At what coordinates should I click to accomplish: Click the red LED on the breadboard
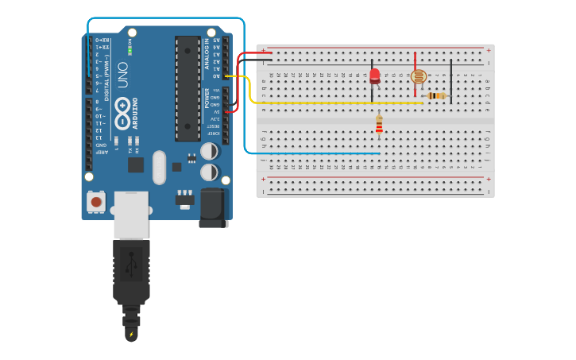pyautogui.click(x=374, y=75)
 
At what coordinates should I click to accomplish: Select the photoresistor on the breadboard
pyautogui.click(x=419, y=77)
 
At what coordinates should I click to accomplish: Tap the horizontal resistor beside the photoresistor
pyautogui.click(x=436, y=95)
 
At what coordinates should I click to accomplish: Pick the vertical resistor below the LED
pyautogui.click(x=379, y=125)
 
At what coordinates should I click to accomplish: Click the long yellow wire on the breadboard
pyautogui.click(x=334, y=103)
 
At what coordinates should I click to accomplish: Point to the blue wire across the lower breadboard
pyautogui.click(x=318, y=153)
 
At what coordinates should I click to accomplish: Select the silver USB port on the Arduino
pyautogui.click(x=130, y=214)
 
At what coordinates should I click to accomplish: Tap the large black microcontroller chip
pyautogui.click(x=187, y=87)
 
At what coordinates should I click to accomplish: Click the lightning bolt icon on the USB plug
pyautogui.click(x=131, y=334)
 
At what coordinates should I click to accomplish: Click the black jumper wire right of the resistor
pyautogui.click(x=450, y=79)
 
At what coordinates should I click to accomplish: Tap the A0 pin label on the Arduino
pyautogui.click(x=215, y=76)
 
